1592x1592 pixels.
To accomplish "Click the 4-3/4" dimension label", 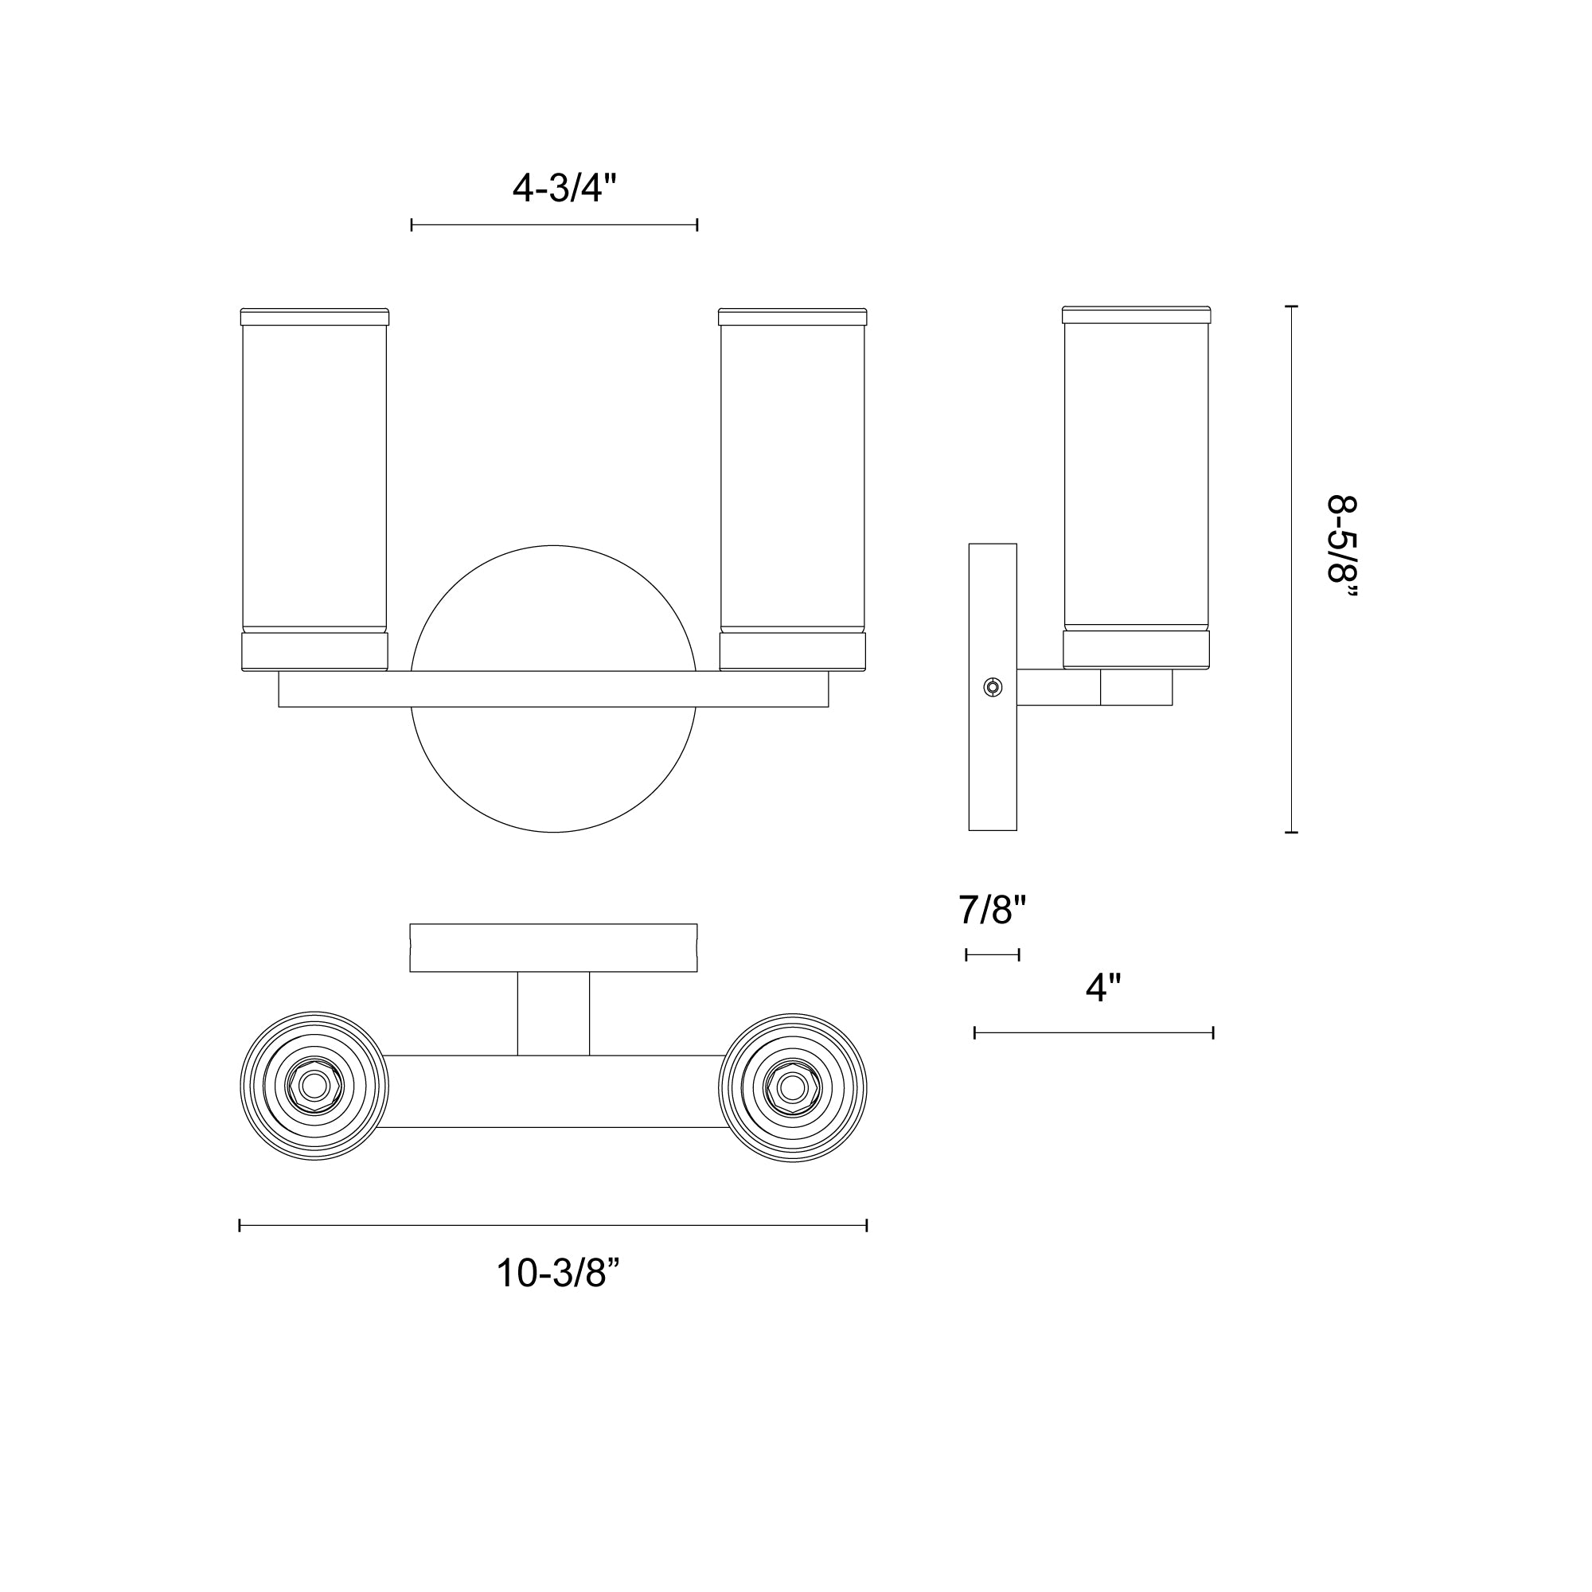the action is click(x=564, y=189).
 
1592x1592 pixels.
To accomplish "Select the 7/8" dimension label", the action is click(x=993, y=911).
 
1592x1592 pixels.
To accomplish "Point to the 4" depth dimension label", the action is click(x=1103, y=987).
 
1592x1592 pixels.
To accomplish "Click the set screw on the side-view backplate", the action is click(x=993, y=687).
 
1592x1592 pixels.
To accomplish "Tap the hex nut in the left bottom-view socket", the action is click(x=314, y=1087).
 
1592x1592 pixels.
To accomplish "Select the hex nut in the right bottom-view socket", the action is click(x=793, y=1087).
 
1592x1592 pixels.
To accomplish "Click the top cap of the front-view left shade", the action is click(x=314, y=317).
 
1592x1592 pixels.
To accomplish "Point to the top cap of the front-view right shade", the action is click(x=793, y=317).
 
